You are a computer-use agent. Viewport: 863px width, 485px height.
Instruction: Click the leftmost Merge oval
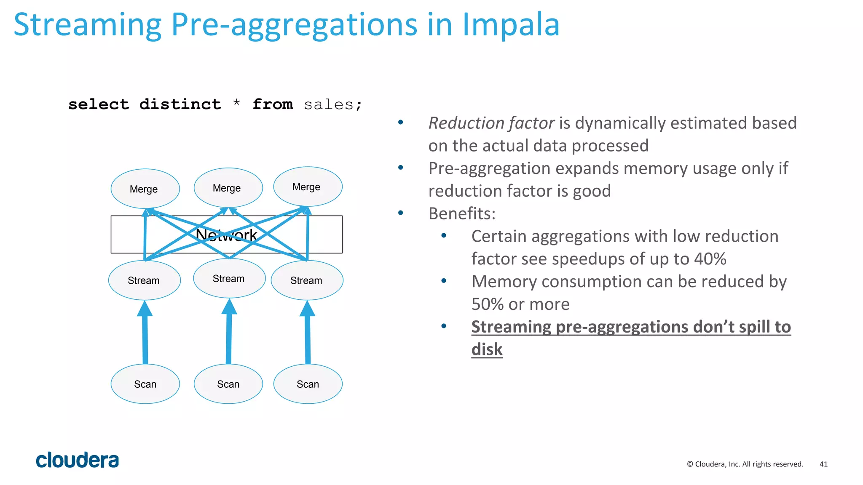click(145, 189)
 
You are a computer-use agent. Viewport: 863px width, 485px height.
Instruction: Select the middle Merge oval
click(228, 188)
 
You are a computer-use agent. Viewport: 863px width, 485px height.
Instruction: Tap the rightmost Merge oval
click(308, 187)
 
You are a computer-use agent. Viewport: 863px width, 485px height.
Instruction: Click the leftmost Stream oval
click(144, 280)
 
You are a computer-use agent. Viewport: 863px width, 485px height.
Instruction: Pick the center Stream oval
click(229, 278)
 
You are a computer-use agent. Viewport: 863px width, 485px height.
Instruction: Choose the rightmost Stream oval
click(307, 280)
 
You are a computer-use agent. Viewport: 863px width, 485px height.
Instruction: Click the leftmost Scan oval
click(145, 384)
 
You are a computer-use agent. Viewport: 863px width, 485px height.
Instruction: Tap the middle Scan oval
click(228, 384)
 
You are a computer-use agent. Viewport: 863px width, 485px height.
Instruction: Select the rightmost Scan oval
click(308, 384)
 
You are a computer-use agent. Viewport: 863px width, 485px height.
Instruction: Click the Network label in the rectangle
click(226, 235)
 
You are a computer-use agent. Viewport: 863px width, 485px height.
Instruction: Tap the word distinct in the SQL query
click(180, 104)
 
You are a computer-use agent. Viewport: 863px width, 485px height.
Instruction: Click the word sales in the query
click(328, 104)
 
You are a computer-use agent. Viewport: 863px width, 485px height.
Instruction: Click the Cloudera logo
click(78, 460)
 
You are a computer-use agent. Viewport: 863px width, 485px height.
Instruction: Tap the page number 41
click(823, 464)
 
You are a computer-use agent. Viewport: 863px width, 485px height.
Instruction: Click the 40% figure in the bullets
click(710, 258)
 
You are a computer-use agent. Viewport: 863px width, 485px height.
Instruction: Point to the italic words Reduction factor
click(491, 123)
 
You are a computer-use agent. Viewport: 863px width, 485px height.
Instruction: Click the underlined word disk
click(487, 349)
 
